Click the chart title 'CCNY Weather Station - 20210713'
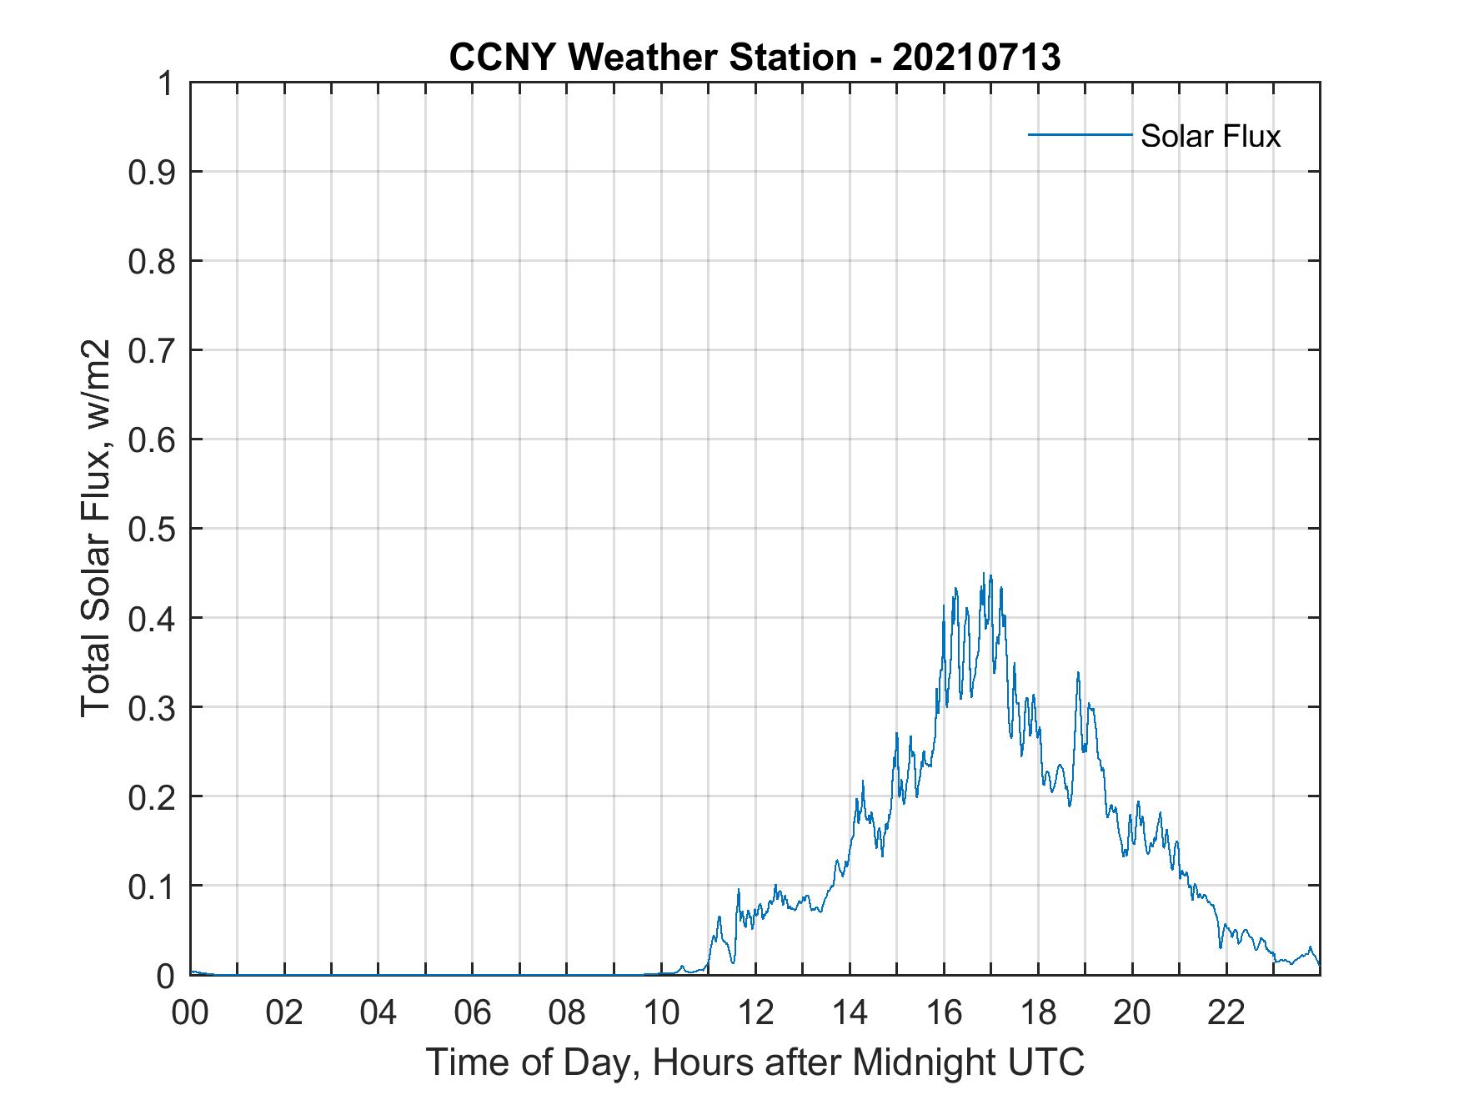tap(755, 58)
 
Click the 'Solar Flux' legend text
tap(1210, 136)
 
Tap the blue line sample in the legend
tap(1080, 134)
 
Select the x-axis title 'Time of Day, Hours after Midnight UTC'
tap(755, 1062)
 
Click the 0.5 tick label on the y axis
tap(152, 529)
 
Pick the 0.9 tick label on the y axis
tap(152, 172)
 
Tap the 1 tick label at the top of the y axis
tap(166, 83)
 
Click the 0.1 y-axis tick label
tap(152, 886)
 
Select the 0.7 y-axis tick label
tap(152, 350)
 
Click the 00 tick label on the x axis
tap(190, 1012)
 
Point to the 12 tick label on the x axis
tap(755, 1012)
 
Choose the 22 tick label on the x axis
tap(1226, 1012)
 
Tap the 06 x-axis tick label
tap(473, 1012)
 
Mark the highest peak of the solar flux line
tap(984, 574)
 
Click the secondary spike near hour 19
tap(1078, 672)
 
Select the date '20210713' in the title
tap(976, 58)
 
